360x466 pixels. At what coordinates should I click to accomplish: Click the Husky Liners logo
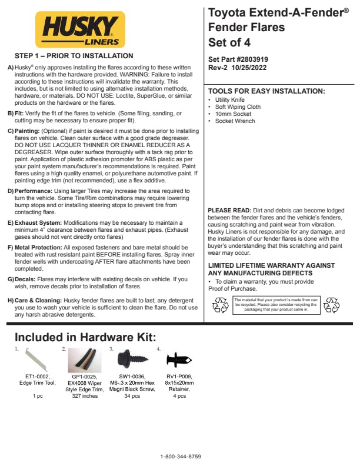point(80,29)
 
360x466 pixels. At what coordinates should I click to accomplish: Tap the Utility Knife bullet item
point(229,100)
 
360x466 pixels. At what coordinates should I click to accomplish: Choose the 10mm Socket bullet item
point(233,114)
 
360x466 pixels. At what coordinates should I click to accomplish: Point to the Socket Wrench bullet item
point(235,121)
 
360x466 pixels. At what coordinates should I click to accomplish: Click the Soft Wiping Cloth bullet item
point(238,107)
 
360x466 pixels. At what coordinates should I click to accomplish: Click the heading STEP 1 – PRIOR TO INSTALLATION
point(74,56)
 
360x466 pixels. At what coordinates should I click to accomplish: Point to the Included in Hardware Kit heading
point(85,337)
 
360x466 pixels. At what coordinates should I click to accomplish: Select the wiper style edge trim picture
point(86,361)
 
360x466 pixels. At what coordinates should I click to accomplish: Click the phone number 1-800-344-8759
point(181,457)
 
